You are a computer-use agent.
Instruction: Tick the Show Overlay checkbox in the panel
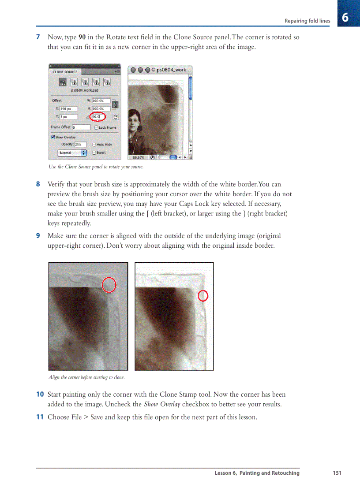53,137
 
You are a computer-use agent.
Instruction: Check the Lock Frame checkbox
96,127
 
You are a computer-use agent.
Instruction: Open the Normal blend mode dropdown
72,153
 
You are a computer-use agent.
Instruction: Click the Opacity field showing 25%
80,144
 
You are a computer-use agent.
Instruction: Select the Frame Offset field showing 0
81,127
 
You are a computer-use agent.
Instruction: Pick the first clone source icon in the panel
62,82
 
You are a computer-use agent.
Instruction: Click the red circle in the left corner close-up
109,285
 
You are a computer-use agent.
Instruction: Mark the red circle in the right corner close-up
203,296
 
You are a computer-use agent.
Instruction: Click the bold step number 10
40,395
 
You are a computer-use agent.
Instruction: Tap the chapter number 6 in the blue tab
345,18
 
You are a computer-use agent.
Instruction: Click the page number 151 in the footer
337,473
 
